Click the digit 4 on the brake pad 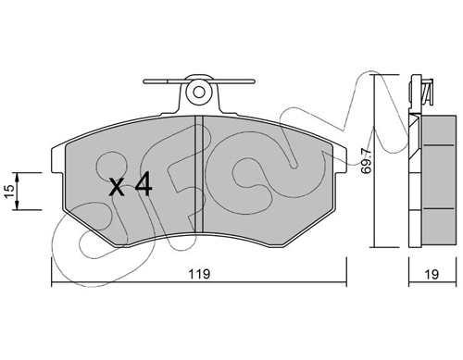(x=142, y=186)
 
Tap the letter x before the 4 (x=117, y=187)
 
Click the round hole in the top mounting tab (x=197, y=93)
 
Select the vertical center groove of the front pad (x=197, y=176)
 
